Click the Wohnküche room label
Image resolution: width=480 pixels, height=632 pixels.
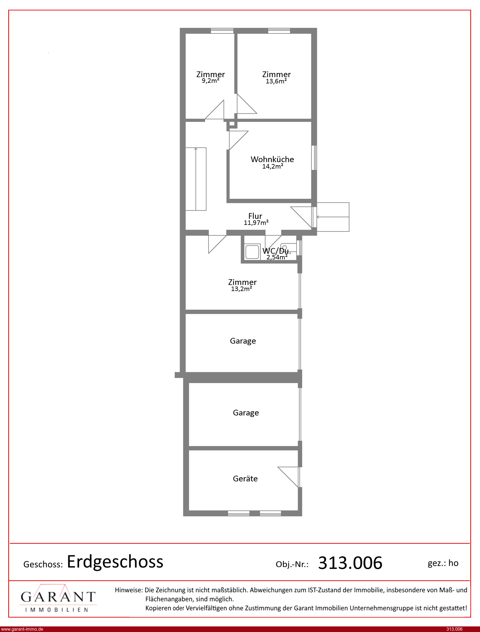click(x=272, y=159)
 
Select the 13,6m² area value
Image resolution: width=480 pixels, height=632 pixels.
click(x=276, y=81)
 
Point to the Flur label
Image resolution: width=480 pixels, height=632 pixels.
click(x=255, y=216)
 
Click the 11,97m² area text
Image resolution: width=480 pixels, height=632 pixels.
click(x=256, y=222)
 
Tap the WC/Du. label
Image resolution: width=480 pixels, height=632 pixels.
click(x=277, y=251)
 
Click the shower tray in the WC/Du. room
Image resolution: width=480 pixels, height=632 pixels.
click(x=252, y=252)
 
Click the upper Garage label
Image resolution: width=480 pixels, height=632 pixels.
click(x=243, y=341)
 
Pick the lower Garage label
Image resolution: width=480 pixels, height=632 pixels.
click(x=246, y=413)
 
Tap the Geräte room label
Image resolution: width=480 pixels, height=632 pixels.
click(x=245, y=479)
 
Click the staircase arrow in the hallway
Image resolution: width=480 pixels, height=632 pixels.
click(x=196, y=179)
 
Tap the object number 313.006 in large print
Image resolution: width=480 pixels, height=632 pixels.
click(x=350, y=563)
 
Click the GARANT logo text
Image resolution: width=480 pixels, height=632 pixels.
click(x=58, y=597)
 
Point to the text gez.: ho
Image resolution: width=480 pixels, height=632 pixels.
click(x=443, y=563)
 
